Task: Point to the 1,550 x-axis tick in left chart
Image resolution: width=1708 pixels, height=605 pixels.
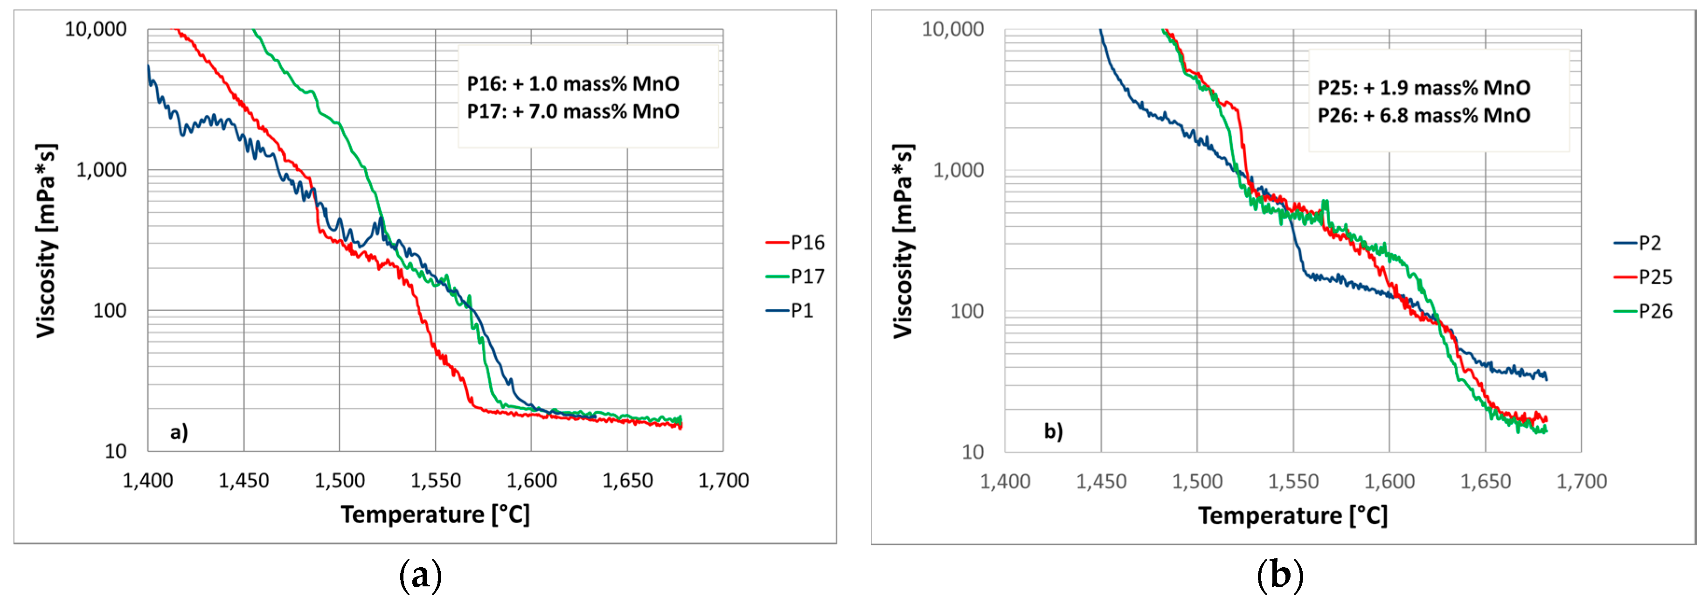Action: (436, 480)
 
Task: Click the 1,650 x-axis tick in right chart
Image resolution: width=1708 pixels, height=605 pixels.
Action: (1485, 481)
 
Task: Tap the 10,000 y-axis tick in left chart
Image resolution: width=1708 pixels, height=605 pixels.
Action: (96, 29)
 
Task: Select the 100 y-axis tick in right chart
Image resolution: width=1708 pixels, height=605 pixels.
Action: (967, 311)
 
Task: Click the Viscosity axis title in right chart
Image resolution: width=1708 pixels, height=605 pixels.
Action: (903, 242)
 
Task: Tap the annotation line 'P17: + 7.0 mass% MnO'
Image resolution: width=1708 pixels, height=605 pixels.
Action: (573, 111)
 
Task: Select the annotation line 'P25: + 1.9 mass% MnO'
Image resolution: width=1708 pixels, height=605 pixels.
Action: (1423, 88)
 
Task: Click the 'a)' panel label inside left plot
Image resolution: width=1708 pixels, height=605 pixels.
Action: (179, 432)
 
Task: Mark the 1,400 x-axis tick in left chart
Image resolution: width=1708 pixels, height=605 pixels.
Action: (148, 480)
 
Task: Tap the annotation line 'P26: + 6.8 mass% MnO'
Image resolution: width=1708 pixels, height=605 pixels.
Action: (1423, 115)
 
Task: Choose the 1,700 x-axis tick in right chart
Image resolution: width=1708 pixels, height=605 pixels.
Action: (1581, 481)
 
